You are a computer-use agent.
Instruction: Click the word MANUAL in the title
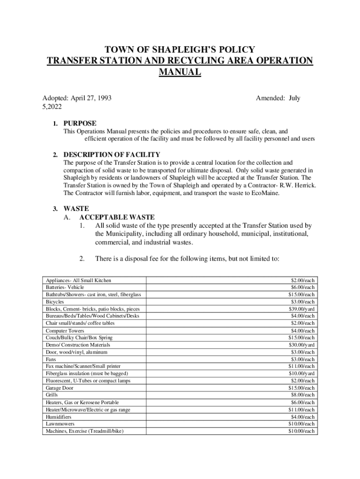click(180, 72)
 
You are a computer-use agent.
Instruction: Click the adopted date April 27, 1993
click(91, 98)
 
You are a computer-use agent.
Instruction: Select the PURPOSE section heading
click(80, 123)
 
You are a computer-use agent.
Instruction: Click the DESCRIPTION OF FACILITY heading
click(112, 154)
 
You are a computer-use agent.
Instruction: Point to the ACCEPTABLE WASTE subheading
click(117, 218)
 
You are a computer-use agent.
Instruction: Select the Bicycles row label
click(55, 302)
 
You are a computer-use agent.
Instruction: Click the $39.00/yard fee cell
click(302, 309)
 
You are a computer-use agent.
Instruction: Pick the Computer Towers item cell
click(65, 331)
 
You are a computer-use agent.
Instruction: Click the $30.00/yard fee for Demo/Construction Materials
click(302, 345)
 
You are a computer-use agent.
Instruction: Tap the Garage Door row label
click(59, 388)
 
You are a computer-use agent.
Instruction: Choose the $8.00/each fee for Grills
click(302, 395)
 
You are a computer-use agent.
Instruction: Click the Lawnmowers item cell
click(60, 424)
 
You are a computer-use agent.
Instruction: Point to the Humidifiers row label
click(58, 416)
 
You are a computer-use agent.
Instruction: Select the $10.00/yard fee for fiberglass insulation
click(302, 373)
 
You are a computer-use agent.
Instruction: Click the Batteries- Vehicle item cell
click(65, 287)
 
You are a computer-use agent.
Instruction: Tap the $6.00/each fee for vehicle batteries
click(302, 287)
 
